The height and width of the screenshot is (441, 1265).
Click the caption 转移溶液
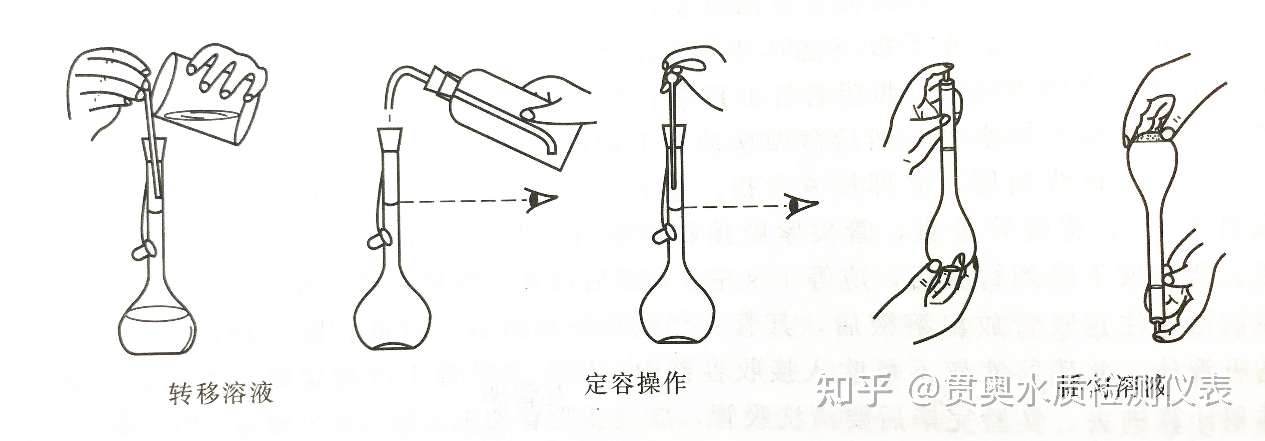(x=220, y=394)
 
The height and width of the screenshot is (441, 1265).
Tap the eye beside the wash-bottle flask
(x=540, y=200)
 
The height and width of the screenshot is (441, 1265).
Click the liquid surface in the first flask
(x=157, y=315)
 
